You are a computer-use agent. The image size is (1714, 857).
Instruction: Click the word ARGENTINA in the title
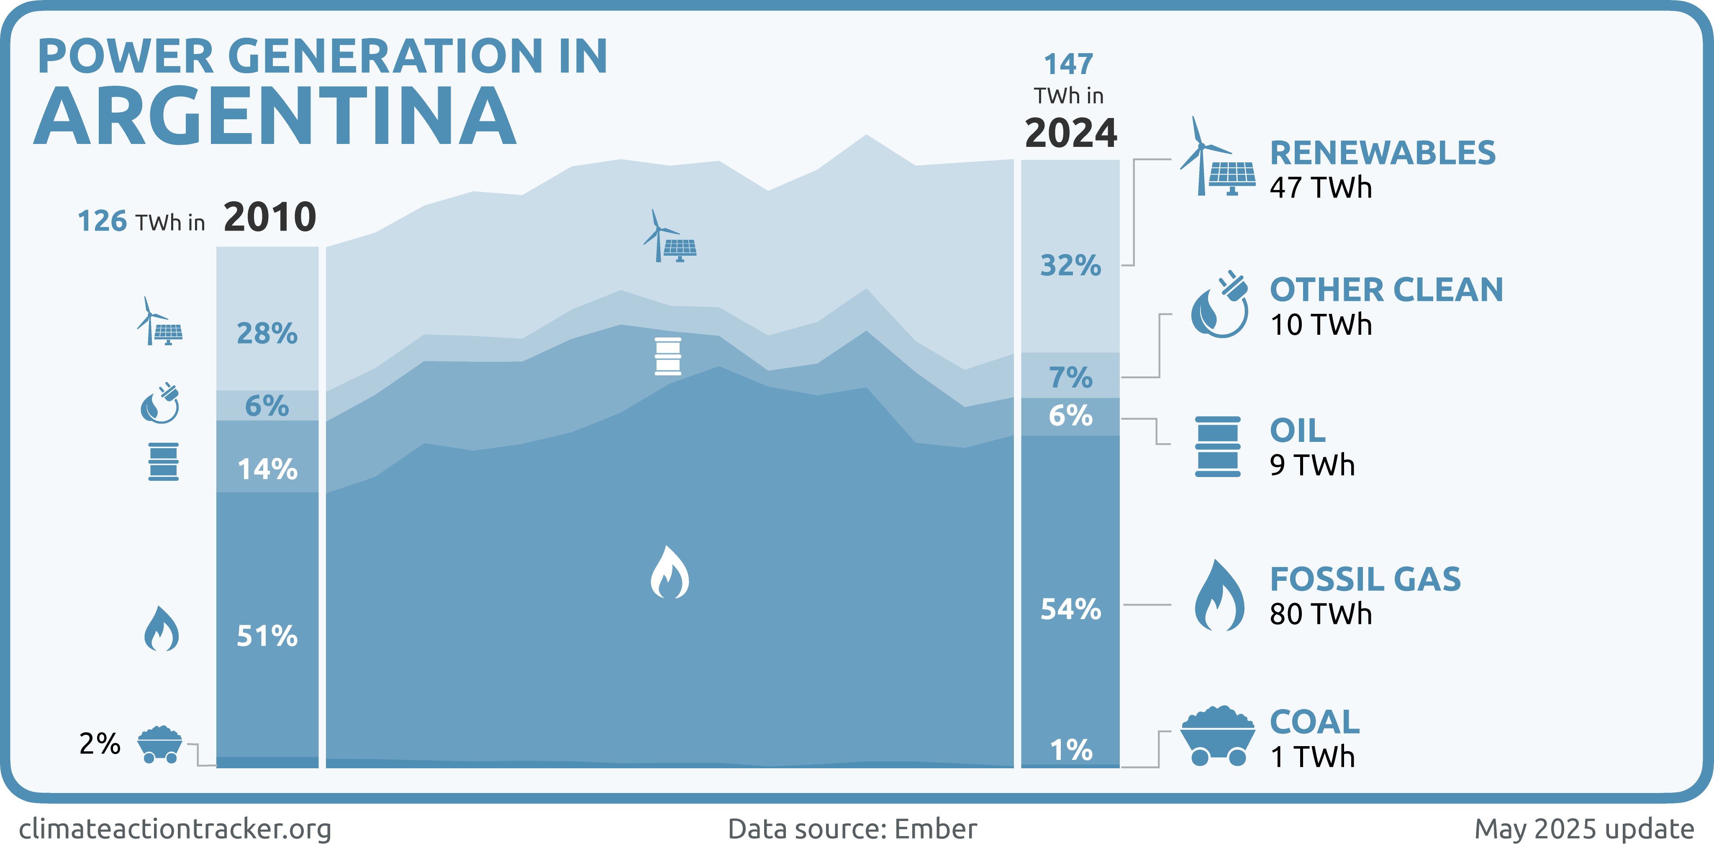275,116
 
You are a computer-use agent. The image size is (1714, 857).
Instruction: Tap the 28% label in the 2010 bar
267,334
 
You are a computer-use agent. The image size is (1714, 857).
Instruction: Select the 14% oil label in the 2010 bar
267,469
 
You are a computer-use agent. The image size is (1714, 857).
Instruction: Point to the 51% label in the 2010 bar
267,636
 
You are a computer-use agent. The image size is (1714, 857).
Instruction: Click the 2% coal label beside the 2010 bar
100,744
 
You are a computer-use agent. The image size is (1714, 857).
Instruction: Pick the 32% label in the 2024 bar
1070,265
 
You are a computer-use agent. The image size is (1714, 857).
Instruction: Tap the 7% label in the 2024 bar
1070,378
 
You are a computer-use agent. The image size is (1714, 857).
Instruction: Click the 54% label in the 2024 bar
1070,609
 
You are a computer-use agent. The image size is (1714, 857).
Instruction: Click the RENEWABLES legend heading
1383,153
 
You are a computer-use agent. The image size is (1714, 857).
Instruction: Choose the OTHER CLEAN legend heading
1386,290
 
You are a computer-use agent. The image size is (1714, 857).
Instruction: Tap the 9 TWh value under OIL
1312,465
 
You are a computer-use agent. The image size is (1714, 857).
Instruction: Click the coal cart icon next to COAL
1218,736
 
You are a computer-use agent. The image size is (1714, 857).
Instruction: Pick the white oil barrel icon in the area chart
667,357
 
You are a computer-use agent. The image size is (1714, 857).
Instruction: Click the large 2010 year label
269,217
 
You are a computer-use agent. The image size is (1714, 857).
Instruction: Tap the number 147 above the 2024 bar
1069,64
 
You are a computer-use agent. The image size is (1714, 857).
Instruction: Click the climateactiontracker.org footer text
175,829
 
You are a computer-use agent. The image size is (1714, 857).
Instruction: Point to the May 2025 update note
1583,829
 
